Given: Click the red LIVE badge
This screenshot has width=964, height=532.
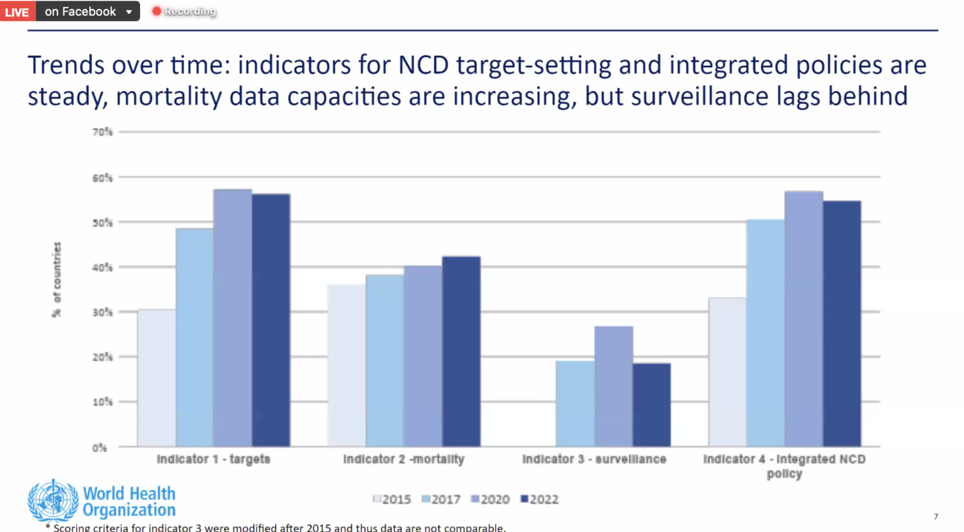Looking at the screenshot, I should click(x=17, y=11).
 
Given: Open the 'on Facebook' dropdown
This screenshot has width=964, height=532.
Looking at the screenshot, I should click(x=88, y=11).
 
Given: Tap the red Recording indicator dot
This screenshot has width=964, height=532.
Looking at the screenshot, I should click(x=157, y=11).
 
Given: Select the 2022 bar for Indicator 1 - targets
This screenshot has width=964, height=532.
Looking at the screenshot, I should click(x=271, y=320).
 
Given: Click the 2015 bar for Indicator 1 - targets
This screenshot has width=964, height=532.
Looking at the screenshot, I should click(x=156, y=377).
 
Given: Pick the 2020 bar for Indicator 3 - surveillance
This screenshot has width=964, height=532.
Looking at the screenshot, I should click(x=613, y=386).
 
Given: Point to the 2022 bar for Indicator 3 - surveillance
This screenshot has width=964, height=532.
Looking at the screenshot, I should click(x=651, y=404).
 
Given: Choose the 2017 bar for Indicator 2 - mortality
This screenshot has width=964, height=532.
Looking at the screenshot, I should click(x=385, y=361).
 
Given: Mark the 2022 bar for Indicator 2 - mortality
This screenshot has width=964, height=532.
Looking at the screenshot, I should click(x=461, y=352).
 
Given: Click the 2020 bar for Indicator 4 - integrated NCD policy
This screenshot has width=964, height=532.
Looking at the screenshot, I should click(x=803, y=319).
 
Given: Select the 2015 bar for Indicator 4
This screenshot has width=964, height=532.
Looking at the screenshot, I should click(x=727, y=372).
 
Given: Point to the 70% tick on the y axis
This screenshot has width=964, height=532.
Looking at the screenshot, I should click(x=102, y=132).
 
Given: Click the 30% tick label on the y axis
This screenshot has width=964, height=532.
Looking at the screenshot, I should click(x=102, y=312).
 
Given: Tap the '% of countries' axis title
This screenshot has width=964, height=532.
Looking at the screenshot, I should click(x=57, y=280).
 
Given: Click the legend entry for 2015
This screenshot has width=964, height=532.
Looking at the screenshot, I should click(x=392, y=499).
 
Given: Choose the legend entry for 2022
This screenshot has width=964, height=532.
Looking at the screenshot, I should click(x=539, y=499).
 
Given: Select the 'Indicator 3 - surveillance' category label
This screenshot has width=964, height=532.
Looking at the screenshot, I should click(x=594, y=459).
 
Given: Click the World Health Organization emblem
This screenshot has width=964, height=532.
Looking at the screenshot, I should click(x=53, y=501).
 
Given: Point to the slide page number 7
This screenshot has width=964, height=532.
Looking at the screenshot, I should click(x=936, y=516).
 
